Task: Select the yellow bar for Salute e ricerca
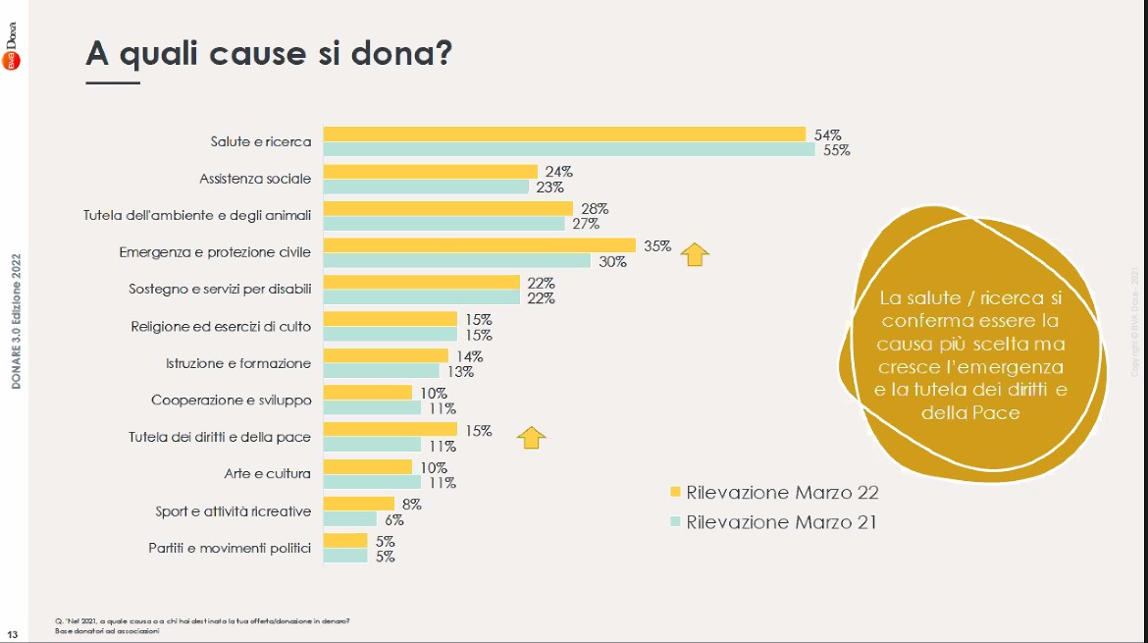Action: [x=564, y=134]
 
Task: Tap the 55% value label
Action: [x=837, y=150]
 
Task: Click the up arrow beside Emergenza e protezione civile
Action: [x=695, y=254]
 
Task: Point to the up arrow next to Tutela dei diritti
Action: [x=531, y=437]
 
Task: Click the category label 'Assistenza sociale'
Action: [x=255, y=179]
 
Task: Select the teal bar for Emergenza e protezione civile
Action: [x=456, y=261]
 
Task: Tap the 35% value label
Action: [x=656, y=246]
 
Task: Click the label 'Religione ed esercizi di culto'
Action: [x=221, y=327]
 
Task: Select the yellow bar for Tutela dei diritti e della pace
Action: [x=390, y=430]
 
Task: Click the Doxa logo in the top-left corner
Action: [x=14, y=45]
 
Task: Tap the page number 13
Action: [x=13, y=633]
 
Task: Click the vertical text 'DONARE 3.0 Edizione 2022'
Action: [x=16, y=322]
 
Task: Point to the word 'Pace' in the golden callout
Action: [x=996, y=413]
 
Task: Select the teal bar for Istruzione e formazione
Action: [x=381, y=371]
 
